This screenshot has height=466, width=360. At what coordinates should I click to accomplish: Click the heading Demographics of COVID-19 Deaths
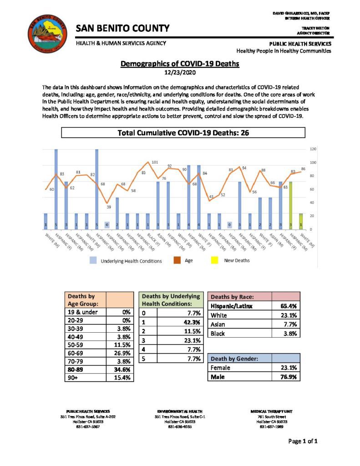click(x=180, y=64)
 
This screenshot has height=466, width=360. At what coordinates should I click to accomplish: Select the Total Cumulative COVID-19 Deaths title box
click(x=183, y=133)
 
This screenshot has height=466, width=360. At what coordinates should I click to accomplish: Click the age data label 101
click(x=155, y=162)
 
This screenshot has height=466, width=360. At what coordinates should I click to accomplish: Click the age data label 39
click(x=109, y=207)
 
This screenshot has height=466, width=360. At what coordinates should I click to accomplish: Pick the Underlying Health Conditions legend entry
click(x=131, y=261)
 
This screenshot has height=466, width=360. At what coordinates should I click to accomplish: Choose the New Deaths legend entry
click(x=237, y=261)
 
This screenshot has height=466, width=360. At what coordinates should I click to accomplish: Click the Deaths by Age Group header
click(x=86, y=300)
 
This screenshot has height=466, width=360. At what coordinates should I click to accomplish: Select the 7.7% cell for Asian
click(x=289, y=324)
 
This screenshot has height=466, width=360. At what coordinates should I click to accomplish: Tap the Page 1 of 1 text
click(x=303, y=441)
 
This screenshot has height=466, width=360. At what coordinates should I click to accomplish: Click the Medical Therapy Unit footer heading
click(x=272, y=411)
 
